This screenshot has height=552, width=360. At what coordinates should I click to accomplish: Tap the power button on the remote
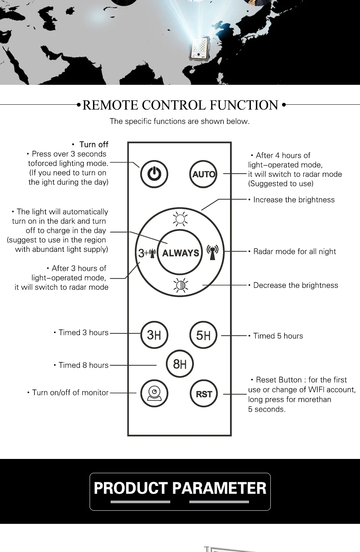[154, 174]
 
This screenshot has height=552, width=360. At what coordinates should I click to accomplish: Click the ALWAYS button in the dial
[180, 253]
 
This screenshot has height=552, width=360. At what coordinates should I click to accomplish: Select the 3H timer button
[154, 335]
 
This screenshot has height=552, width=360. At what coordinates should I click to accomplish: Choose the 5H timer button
[204, 335]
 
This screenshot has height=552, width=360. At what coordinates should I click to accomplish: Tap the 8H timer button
[180, 364]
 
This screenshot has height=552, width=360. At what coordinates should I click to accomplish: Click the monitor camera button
[154, 394]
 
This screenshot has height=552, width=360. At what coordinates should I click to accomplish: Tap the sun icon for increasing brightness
[180, 219]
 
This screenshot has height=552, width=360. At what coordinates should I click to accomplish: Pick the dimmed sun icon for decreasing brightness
[180, 285]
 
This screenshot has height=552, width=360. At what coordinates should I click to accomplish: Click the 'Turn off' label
[94, 144]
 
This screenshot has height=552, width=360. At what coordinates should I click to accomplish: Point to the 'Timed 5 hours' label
[278, 336]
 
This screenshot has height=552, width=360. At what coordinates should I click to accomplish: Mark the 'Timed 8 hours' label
[83, 365]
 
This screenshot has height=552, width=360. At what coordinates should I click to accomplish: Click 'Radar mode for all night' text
[294, 251]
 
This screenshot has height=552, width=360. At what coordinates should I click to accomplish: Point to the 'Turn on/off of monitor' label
[70, 393]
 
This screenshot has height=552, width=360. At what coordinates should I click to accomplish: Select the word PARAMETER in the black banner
[219, 488]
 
